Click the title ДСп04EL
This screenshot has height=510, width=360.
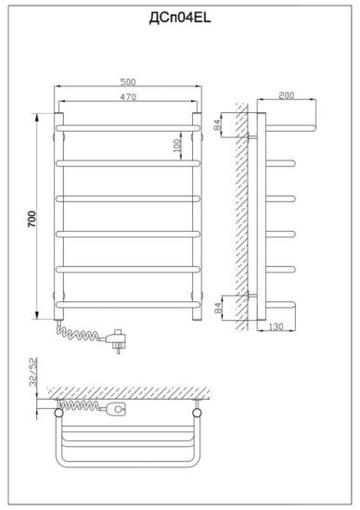click(180, 18)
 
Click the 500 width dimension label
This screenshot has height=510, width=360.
click(128, 82)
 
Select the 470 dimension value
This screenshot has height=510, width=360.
click(128, 97)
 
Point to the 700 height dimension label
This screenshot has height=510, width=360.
click(32, 219)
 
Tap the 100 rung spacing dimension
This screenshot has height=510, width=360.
click(176, 146)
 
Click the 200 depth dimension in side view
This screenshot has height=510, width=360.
click(287, 96)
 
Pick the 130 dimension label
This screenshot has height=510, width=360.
click(276, 326)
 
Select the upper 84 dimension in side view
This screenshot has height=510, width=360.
click(217, 124)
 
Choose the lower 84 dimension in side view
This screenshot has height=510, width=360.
click(218, 307)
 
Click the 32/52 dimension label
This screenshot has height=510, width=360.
click(33, 372)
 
